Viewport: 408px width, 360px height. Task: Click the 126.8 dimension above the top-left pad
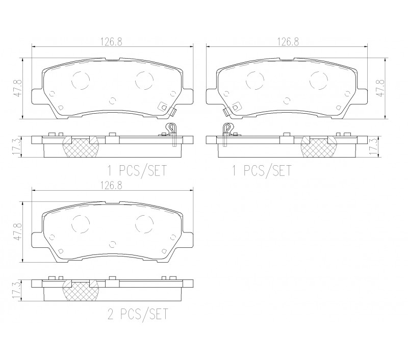[x=112, y=42]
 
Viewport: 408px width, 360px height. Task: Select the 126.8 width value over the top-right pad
[x=288, y=42]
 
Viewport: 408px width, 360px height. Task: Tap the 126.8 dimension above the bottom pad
[x=112, y=186]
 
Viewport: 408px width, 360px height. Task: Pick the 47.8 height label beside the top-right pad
[x=380, y=88]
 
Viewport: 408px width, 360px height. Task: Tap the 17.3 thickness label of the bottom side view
[x=16, y=291]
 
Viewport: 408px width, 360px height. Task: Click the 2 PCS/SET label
[x=138, y=314]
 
